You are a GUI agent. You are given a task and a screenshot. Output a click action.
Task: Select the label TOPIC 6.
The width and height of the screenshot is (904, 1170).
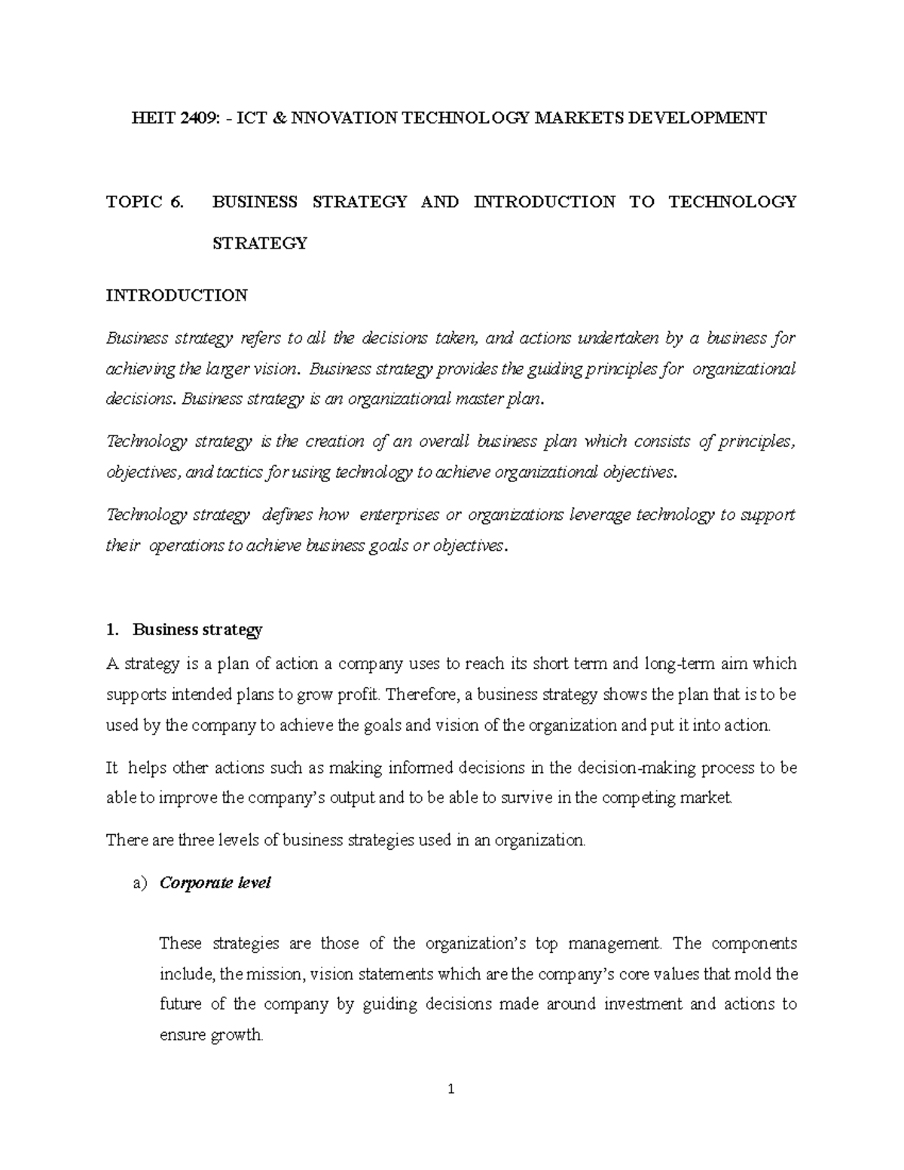tap(145, 202)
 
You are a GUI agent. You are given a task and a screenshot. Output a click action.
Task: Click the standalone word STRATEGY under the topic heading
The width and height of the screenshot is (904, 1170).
tap(260, 243)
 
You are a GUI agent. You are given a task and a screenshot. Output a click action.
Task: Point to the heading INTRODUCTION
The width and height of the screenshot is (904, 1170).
tap(177, 295)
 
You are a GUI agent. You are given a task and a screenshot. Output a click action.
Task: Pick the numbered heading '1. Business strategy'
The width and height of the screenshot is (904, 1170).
tap(185, 629)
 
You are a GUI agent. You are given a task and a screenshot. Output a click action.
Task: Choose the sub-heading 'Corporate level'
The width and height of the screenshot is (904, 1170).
tap(215, 883)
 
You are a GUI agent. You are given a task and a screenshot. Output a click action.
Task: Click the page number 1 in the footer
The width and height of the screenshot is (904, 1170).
tap(451, 1089)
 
